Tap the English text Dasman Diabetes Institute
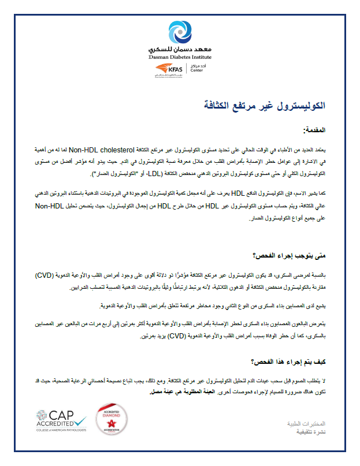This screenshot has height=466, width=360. (180, 58)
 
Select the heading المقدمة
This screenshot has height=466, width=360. (314, 131)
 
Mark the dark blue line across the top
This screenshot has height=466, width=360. (180, 14)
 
